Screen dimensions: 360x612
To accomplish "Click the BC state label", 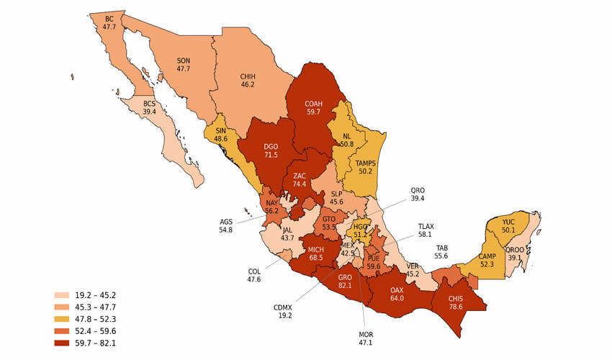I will click(109, 18).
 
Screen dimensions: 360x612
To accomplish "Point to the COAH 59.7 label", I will click(313, 107).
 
